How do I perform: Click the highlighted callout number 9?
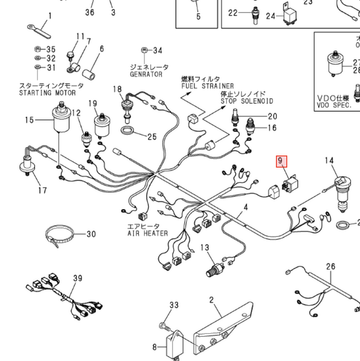pos(282,162)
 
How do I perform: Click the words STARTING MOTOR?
pos(48,93)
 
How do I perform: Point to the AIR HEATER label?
pos(147,233)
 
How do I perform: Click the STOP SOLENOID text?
pos(247,101)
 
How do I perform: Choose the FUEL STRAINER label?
pos(208,86)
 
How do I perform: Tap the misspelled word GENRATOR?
pos(146,74)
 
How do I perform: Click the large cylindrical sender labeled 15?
pos(61,118)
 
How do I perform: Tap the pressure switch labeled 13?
pos(216,269)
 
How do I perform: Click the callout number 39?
pos(78,278)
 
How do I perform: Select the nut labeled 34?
pos(144,50)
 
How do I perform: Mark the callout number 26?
pos(331,266)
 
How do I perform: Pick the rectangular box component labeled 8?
pos(175,346)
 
